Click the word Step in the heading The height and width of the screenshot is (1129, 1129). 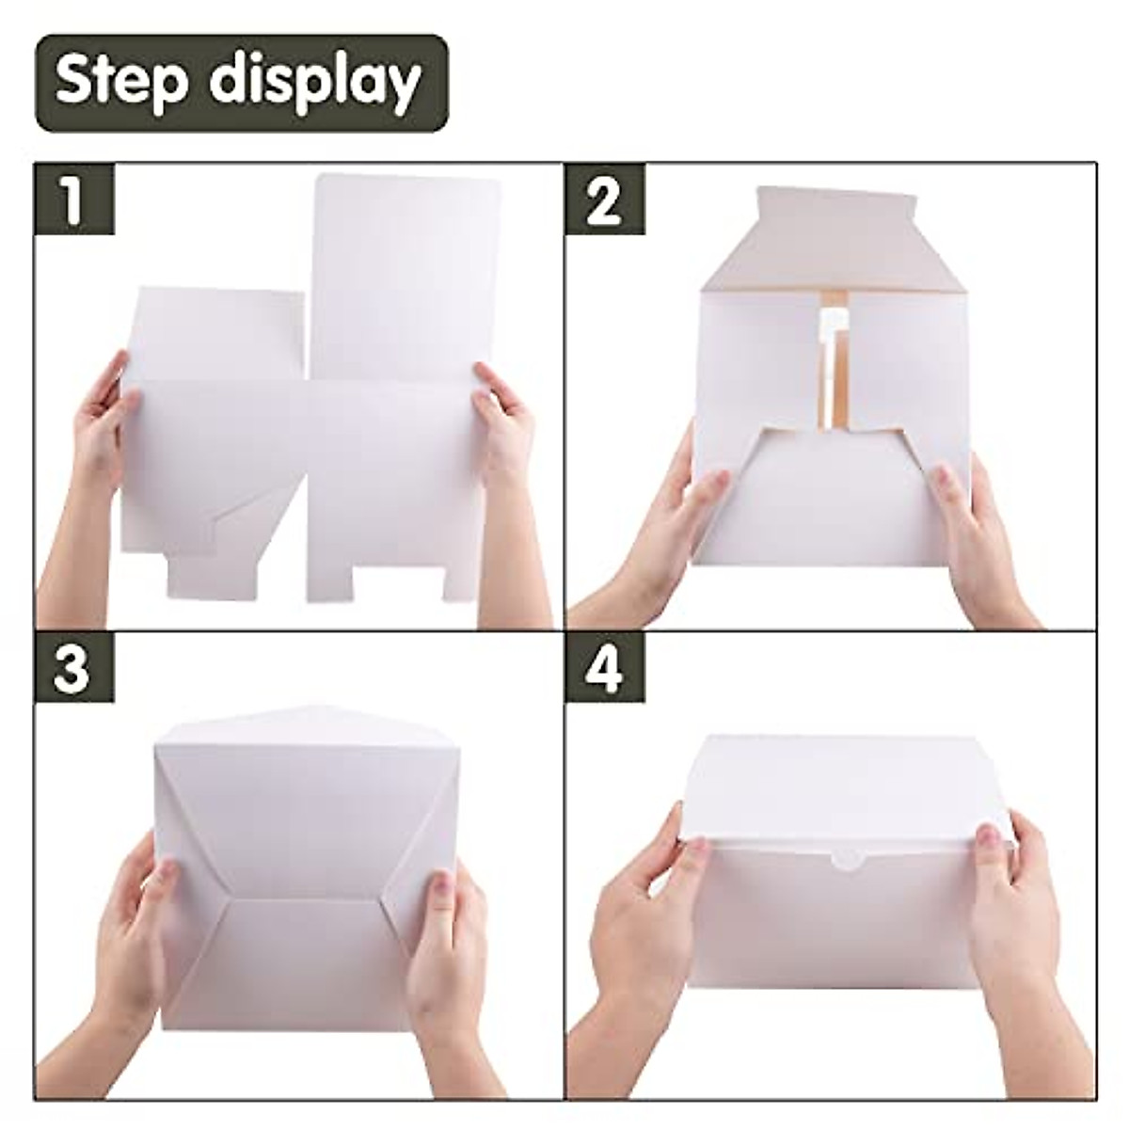121,82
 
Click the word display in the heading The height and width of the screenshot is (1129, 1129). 314,84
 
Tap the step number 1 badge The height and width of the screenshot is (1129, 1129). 73,199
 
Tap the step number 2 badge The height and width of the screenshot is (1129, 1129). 604,199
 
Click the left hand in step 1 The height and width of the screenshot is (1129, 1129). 99,442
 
